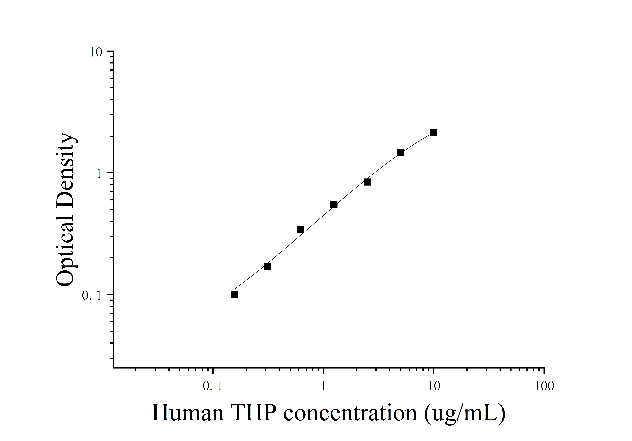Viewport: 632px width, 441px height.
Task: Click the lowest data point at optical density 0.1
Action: coord(234,295)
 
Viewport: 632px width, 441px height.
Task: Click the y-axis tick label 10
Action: coord(96,52)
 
